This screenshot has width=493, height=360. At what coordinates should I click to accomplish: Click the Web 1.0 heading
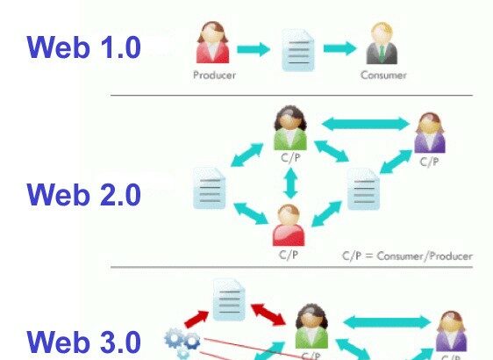[83, 47]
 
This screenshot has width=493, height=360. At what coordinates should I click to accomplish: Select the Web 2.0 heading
[83, 194]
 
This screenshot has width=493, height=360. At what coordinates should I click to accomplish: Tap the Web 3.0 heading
[83, 342]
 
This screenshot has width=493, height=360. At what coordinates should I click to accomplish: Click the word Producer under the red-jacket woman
[214, 76]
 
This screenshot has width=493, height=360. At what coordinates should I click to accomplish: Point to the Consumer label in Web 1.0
[383, 76]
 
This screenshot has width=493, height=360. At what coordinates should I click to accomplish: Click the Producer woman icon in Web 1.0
[212, 42]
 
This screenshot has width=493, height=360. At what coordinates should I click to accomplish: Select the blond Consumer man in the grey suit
[382, 43]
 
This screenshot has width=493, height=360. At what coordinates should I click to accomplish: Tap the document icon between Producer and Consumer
[297, 50]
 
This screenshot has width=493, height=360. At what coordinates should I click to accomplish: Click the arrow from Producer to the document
[254, 49]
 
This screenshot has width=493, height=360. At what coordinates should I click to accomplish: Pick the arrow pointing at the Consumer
[339, 48]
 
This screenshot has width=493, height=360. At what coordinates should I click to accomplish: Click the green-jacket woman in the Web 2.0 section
[289, 128]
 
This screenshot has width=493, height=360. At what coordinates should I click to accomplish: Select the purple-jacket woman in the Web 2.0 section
[430, 133]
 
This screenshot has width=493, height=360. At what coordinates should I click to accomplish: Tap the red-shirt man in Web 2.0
[289, 226]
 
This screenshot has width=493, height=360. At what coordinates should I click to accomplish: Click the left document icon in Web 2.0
[210, 188]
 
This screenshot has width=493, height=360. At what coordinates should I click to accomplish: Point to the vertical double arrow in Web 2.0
[290, 184]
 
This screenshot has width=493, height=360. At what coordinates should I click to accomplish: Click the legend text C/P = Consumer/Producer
[408, 256]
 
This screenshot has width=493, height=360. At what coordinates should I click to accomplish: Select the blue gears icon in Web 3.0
[182, 343]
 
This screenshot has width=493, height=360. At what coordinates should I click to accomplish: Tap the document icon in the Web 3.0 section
[229, 299]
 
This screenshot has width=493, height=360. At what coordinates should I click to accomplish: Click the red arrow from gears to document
[196, 319]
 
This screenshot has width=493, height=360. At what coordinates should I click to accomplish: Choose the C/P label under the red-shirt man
[288, 255]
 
